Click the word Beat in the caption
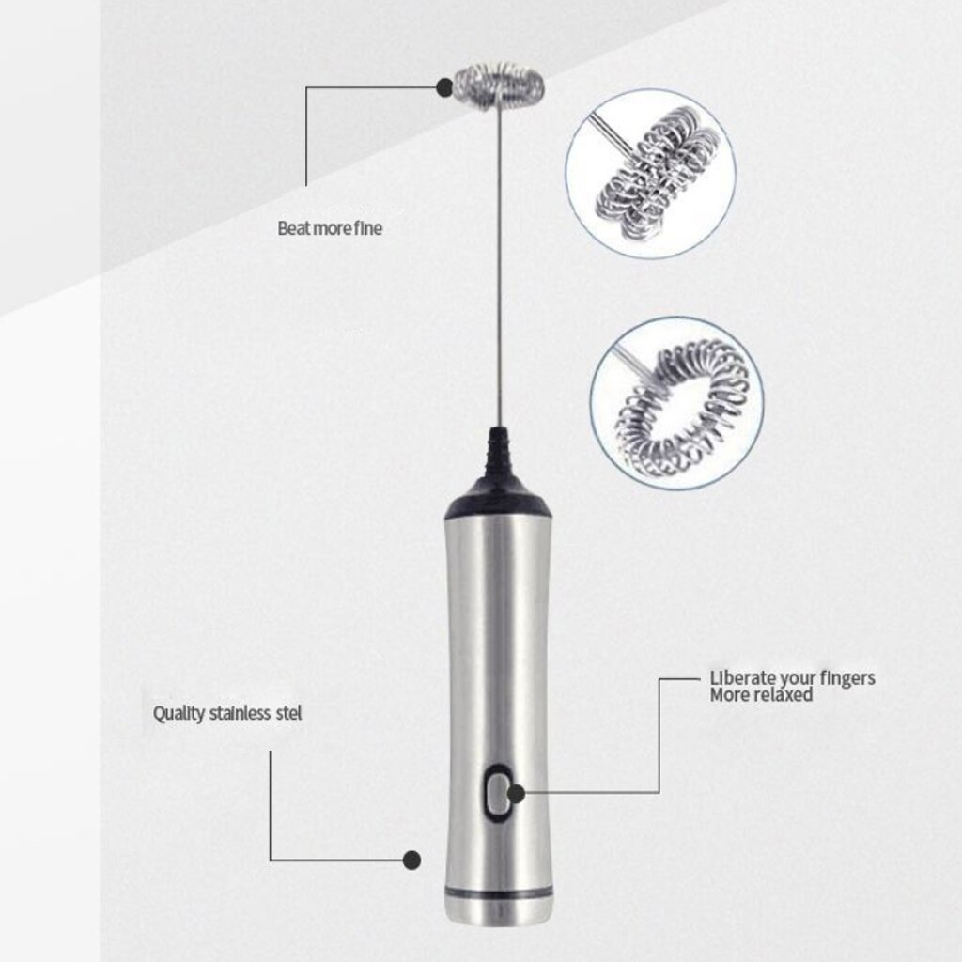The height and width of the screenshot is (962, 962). click(x=292, y=227)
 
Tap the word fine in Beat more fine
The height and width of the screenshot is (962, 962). click(x=367, y=227)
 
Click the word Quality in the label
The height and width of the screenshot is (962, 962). click(x=178, y=713)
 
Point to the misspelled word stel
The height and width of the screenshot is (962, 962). click(x=289, y=713)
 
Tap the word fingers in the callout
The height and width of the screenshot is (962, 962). click(x=845, y=678)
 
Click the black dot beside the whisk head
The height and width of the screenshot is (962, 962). click(x=443, y=87)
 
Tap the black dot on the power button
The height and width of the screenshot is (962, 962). click(x=516, y=794)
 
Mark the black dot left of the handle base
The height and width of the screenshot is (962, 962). click(x=410, y=859)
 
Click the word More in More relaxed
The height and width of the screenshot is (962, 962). click(x=728, y=696)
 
